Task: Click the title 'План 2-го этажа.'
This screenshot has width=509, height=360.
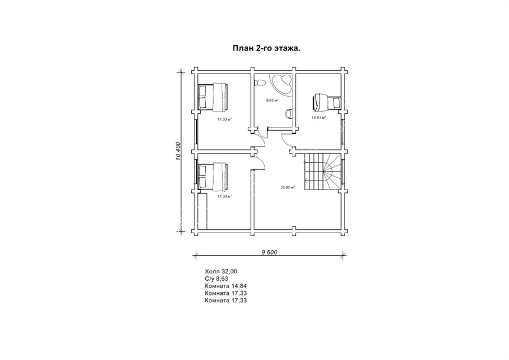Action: point(266,49)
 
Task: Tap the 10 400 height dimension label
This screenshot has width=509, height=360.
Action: point(177,151)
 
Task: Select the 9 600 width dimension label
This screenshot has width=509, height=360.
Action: point(269,252)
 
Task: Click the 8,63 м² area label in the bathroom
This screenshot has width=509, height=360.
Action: point(273,100)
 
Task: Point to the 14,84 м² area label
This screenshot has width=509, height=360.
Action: point(319,118)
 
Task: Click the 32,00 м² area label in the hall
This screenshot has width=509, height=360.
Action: point(288,187)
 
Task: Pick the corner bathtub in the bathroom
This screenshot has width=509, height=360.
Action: point(281,84)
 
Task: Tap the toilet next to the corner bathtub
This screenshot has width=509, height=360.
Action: point(260,83)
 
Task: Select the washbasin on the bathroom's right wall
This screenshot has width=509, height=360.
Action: point(288,114)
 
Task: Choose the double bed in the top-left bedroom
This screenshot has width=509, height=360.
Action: point(213,96)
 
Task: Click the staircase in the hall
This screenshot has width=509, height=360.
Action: point(323,173)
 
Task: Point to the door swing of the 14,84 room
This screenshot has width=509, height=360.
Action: point(287,140)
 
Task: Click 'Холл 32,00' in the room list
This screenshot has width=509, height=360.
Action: point(221,271)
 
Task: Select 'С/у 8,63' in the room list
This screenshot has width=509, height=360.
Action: point(217,278)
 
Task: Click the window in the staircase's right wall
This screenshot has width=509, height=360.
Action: point(343,173)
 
